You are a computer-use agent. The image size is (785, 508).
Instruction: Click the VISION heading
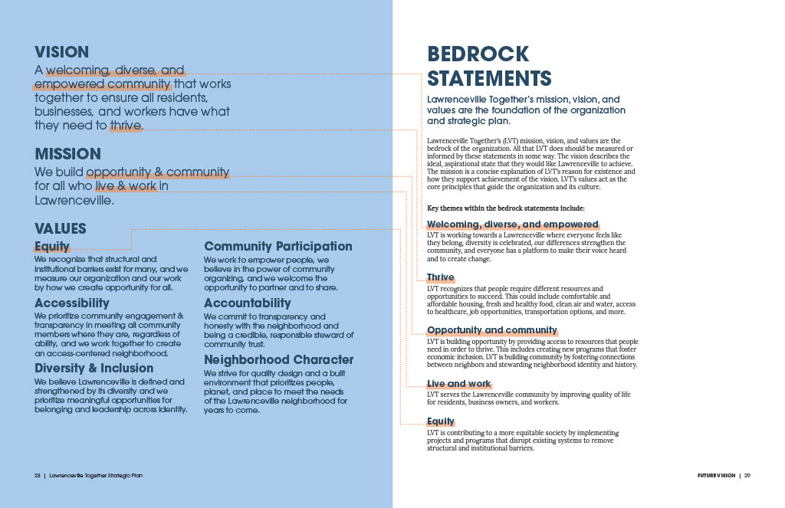(x=61, y=53)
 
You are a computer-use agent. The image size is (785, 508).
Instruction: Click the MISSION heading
(x=67, y=154)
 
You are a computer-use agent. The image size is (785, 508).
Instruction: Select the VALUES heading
(x=61, y=229)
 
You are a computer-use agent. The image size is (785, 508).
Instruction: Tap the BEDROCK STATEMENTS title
(x=489, y=66)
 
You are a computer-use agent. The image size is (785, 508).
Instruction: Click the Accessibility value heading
(x=72, y=303)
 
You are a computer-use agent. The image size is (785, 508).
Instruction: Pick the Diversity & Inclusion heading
(x=94, y=368)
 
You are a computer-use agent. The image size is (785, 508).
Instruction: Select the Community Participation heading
(x=278, y=247)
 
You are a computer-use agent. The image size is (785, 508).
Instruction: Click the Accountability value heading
(x=248, y=303)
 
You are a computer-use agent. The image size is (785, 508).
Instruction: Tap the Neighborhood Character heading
(x=279, y=359)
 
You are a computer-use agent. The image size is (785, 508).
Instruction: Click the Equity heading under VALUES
(x=52, y=247)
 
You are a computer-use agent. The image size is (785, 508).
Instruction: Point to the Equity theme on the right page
(x=441, y=421)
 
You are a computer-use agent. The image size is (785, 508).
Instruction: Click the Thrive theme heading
(x=441, y=277)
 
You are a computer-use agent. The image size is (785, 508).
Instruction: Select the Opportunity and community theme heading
(x=492, y=330)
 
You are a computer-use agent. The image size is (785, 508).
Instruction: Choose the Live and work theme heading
(x=458, y=384)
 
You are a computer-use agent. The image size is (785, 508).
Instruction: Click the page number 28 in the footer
(x=37, y=476)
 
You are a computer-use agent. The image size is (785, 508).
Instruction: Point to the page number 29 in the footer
(x=747, y=476)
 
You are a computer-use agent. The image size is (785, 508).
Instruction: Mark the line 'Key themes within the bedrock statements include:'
(x=505, y=208)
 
